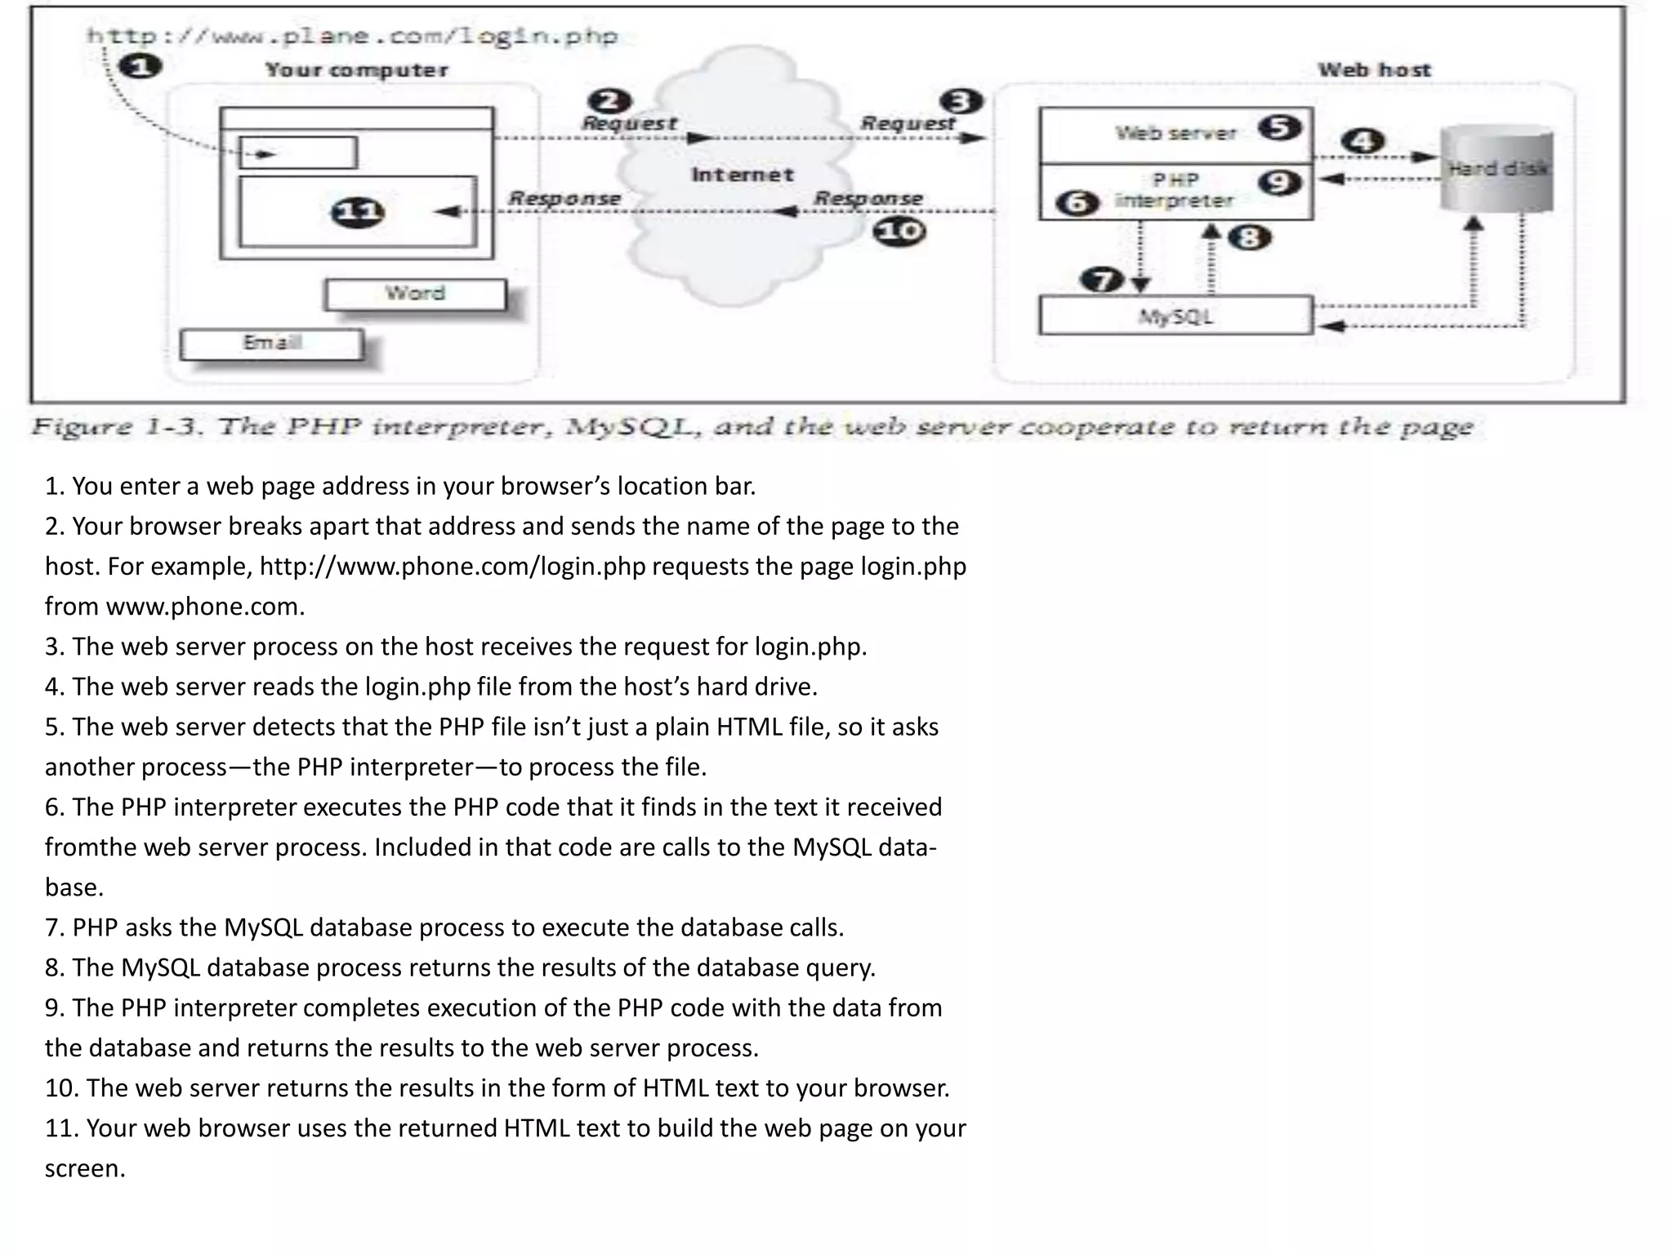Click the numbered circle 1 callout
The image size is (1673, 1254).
pos(140,65)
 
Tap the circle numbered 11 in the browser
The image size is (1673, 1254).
pos(357,213)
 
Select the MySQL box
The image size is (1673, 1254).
pos(1176,316)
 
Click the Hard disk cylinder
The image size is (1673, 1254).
pos(1497,168)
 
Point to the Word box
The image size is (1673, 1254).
pos(415,294)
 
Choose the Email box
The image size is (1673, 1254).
pos(272,343)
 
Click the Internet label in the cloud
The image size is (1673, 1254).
pos(742,175)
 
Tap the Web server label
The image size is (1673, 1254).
pos(1176,133)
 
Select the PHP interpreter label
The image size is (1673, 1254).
pos(1175,190)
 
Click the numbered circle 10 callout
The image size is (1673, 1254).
pos(899,232)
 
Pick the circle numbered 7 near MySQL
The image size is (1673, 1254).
pos(1102,280)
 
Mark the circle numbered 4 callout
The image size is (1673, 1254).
pos(1363,140)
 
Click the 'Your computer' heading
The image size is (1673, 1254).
pos(356,70)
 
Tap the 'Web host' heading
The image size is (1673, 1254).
pos(1374,70)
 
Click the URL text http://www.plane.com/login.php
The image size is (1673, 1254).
pos(352,36)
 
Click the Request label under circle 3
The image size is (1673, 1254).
pos(908,123)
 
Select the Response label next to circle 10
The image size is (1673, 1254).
pos(868,198)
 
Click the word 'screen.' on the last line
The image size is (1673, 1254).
pos(85,1168)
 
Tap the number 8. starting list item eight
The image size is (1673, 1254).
pos(54,967)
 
